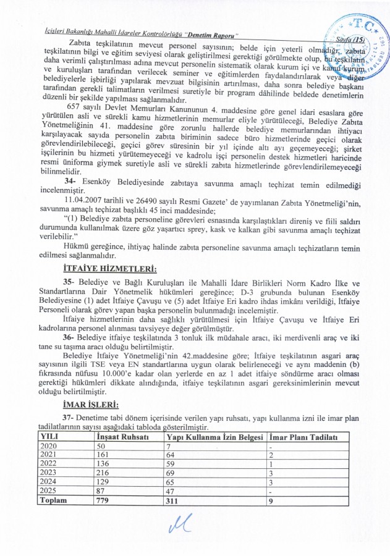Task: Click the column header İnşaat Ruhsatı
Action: [118, 437]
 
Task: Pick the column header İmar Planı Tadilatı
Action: [305, 437]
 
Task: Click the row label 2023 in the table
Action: [48, 472]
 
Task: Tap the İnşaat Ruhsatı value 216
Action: [100, 472]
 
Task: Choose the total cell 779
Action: [100, 501]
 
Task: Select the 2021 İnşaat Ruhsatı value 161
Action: [100, 455]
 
